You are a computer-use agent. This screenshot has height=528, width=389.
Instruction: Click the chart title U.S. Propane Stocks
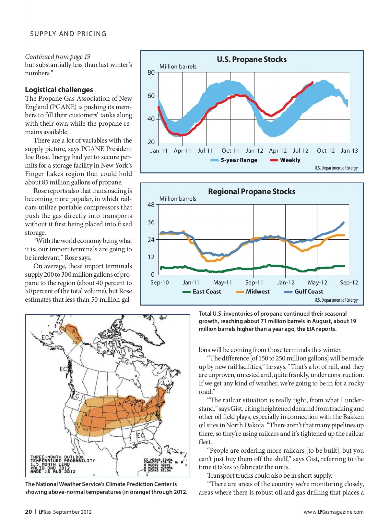[252, 59]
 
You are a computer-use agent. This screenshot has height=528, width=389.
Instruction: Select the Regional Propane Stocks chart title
[252, 192]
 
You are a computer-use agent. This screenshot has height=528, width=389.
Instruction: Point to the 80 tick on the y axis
[151, 72]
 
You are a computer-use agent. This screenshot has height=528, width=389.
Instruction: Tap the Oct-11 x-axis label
[230, 151]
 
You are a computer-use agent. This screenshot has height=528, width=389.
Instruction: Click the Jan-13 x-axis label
[349, 151]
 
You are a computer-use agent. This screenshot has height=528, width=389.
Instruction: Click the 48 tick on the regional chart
[151, 205]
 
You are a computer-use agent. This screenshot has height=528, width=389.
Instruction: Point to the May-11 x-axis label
[222, 283]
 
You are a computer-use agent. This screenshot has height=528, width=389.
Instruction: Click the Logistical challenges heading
[59, 90]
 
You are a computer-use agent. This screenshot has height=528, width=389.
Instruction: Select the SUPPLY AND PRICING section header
[68, 34]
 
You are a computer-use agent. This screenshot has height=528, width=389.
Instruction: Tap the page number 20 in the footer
[29, 512]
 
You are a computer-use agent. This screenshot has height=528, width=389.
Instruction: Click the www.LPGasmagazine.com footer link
[334, 512]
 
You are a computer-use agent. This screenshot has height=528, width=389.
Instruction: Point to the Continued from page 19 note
[58, 57]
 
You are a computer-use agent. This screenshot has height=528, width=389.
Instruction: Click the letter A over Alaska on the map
[74, 332]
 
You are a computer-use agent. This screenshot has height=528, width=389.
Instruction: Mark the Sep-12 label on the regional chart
[349, 283]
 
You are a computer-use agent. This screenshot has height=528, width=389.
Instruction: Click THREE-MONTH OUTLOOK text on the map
[57, 457]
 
